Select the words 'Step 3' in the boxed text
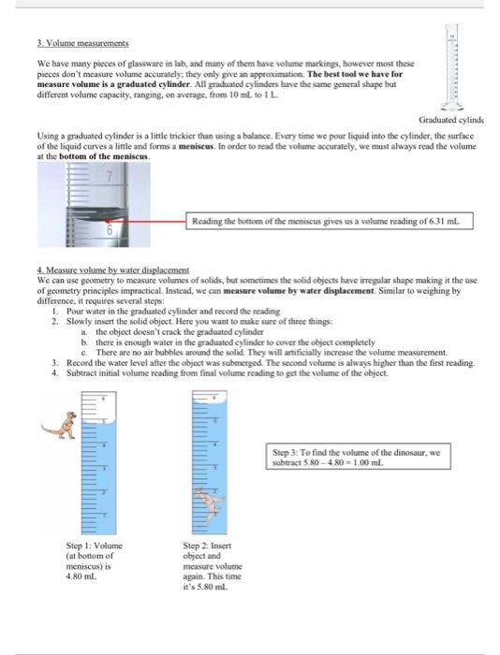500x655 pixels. click(x=284, y=454)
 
